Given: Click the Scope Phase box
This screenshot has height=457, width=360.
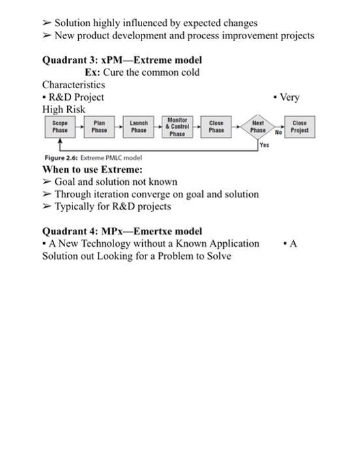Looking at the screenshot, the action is tap(60, 127).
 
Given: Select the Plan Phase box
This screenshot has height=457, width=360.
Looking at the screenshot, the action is tap(99, 127).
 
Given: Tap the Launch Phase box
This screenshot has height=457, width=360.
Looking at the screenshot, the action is tap(138, 127).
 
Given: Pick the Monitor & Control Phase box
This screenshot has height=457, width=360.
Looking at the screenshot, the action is tap(177, 127).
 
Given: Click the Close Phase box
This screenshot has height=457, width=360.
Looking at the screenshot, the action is tap(217, 127).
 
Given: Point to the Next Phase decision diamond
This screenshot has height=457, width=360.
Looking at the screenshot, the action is tap(258, 127).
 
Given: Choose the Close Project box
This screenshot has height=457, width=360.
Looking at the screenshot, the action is tap(299, 127).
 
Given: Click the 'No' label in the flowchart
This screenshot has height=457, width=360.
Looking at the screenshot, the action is tap(278, 132).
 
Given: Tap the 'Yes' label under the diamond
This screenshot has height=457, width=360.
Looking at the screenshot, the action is tap(264, 146).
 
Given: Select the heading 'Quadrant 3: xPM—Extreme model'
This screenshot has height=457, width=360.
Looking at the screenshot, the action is tap(122, 60).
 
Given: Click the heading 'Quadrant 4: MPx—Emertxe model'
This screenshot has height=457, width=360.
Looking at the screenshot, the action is tap(122, 231).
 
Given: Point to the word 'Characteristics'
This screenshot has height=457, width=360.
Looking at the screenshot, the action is tap(74, 85).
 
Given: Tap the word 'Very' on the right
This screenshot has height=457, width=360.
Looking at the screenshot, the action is tap(290, 97).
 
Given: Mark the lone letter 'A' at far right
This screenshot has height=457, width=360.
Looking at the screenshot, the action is tap(293, 244).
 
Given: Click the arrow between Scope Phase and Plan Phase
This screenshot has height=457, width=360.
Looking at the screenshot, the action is tap(80, 127).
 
